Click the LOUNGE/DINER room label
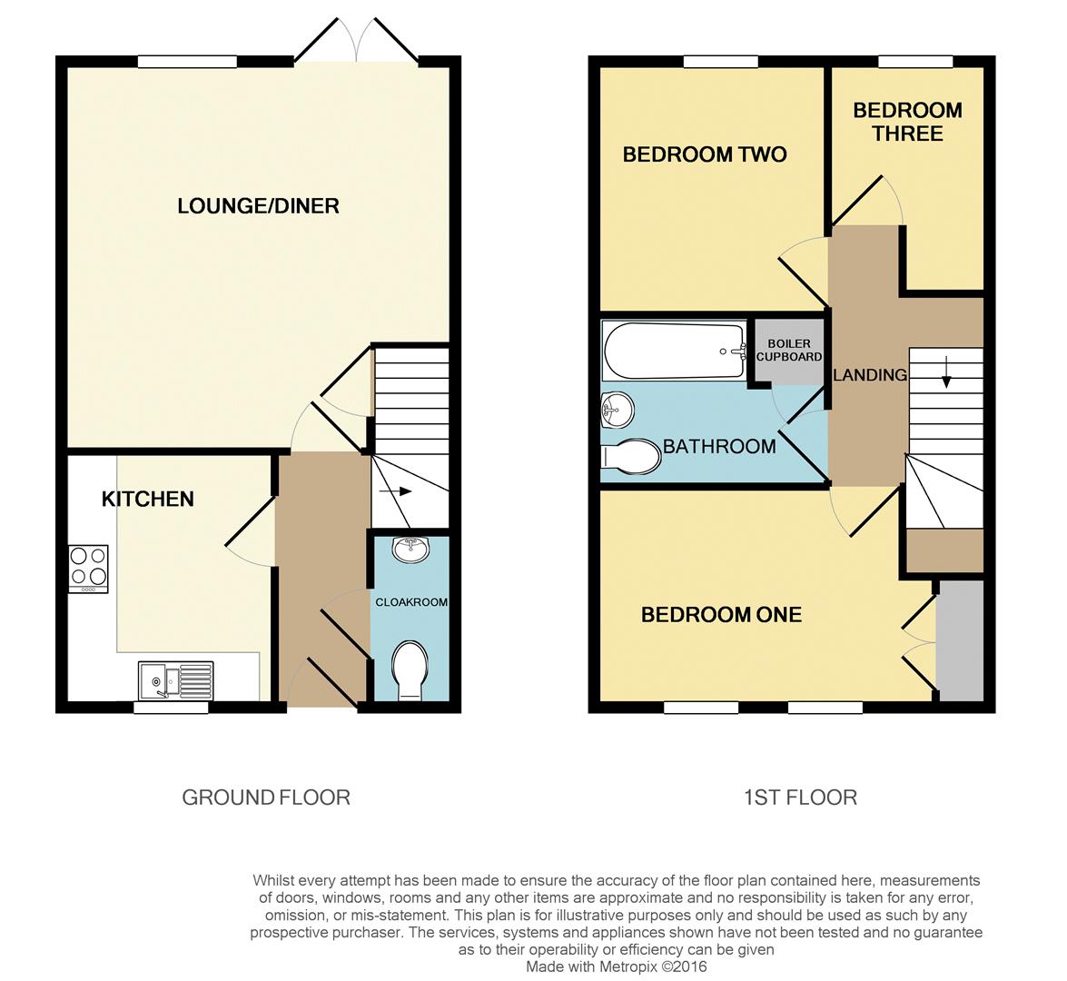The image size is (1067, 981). pyautogui.click(x=258, y=206)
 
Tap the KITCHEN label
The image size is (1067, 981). pyautogui.click(x=147, y=499)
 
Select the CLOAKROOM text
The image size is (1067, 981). pyautogui.click(x=411, y=602)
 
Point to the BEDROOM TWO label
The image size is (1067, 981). pyautogui.click(x=704, y=154)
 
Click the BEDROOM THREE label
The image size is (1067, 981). pyautogui.click(x=907, y=122)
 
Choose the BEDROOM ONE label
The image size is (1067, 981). pyautogui.click(x=721, y=615)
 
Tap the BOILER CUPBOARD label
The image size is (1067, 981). pyautogui.click(x=789, y=351)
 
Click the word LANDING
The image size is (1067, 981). pyautogui.click(x=869, y=374)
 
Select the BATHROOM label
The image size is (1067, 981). pyautogui.click(x=719, y=446)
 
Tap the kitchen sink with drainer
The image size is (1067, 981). pyautogui.click(x=176, y=679)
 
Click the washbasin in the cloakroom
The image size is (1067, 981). pyautogui.click(x=410, y=548)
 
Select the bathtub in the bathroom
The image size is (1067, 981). pyautogui.click(x=674, y=352)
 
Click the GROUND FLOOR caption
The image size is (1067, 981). pyautogui.click(x=266, y=798)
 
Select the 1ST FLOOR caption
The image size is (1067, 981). pyautogui.click(x=800, y=798)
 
